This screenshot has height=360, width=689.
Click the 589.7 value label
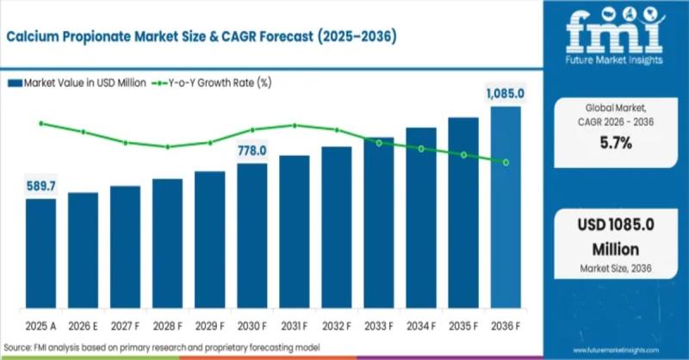click(40, 186)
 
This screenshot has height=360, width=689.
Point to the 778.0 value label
click(252, 151)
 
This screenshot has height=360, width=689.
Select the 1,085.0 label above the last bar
click(505, 93)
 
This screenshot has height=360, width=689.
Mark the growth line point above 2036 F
click(506, 162)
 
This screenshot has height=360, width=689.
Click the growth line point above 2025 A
click(40, 123)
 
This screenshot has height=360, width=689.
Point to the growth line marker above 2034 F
click(421, 149)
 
